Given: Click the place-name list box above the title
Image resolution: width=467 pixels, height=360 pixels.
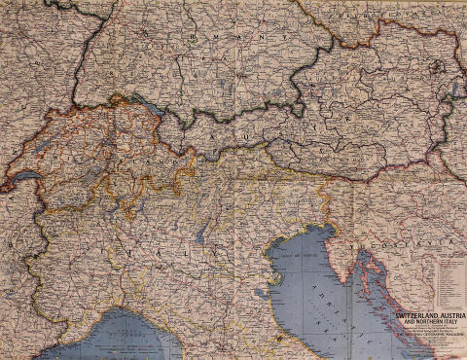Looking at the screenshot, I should tap(447, 282).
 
